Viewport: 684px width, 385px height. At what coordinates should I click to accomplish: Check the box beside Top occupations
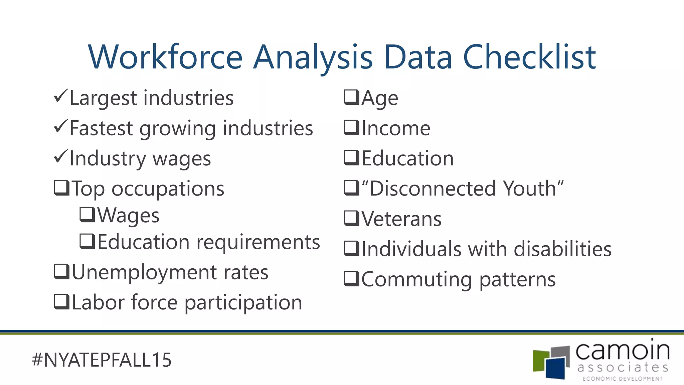61,188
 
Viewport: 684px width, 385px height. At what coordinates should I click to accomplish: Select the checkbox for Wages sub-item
87,215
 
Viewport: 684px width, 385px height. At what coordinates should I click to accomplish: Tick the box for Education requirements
87,241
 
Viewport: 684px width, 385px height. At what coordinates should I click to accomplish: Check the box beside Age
351,97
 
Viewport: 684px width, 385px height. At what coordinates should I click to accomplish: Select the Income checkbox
351,128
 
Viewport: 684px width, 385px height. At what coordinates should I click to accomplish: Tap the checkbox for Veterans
351,218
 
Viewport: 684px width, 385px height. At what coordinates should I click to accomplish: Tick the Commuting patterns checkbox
351,279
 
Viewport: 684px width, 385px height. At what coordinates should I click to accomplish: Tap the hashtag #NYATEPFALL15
102,360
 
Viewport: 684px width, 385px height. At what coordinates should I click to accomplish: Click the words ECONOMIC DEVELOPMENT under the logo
622,379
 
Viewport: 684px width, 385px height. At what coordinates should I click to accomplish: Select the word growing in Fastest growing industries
177,128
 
